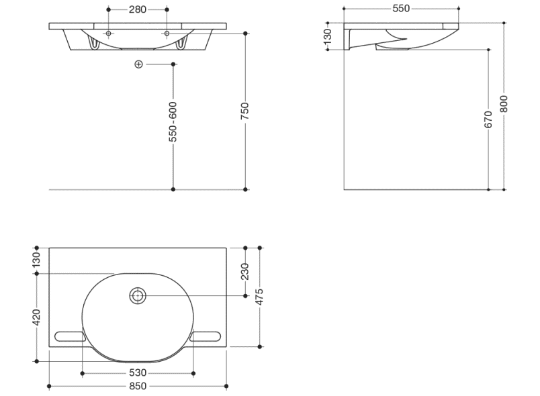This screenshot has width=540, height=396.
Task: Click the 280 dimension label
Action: point(138,9)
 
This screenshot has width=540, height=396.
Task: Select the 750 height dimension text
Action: point(245,111)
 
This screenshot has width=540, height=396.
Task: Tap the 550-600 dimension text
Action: point(173,121)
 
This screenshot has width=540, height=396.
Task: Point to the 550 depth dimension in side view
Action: point(401,8)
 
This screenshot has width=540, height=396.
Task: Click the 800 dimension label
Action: point(504,104)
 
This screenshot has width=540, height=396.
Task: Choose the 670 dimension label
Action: point(488,119)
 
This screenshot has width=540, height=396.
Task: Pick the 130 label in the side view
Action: point(328,36)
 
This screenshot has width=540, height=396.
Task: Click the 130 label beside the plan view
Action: point(36,260)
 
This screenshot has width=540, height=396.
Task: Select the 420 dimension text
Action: point(36,317)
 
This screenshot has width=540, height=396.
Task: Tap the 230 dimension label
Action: point(245,272)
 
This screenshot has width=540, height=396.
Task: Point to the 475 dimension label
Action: point(260,297)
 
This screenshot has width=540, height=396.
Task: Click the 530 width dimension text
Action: point(138,373)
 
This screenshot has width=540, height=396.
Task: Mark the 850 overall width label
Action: point(138,387)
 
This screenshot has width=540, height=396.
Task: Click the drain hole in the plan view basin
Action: point(138,296)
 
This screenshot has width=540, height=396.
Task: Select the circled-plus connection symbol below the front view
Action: point(138,64)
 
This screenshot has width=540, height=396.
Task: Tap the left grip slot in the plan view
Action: point(70,336)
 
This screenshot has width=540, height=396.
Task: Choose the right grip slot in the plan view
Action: point(205,336)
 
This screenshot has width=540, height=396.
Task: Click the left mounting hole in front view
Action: point(109,34)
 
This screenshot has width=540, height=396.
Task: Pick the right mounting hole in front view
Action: point(167,34)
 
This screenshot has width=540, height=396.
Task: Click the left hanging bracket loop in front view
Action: point(94,44)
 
